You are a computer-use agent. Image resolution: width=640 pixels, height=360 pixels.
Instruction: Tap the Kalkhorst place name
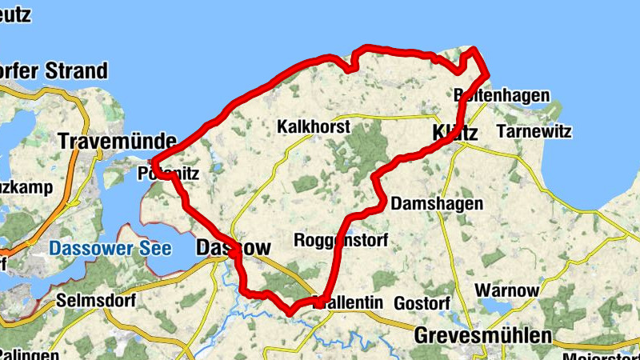pos(314,127)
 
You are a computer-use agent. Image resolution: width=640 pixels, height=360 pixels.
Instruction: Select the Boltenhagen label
pos(502,96)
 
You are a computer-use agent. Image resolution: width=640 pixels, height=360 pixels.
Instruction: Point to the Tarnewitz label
pos(534,130)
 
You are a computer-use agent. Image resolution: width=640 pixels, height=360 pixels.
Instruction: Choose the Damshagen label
pos(437,203)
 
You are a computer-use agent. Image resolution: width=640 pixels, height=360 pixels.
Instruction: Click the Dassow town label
pos(233,248)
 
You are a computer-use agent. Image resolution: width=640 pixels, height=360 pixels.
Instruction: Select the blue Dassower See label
pos(110,249)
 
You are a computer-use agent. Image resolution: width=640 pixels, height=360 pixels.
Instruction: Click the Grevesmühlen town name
pos(483,335)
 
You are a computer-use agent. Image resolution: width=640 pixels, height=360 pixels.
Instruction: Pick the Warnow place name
pos(507,289)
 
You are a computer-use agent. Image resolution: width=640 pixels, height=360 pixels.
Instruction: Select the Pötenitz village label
pos(167,172)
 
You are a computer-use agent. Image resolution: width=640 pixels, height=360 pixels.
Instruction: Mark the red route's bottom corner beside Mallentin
pos(291,310)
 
